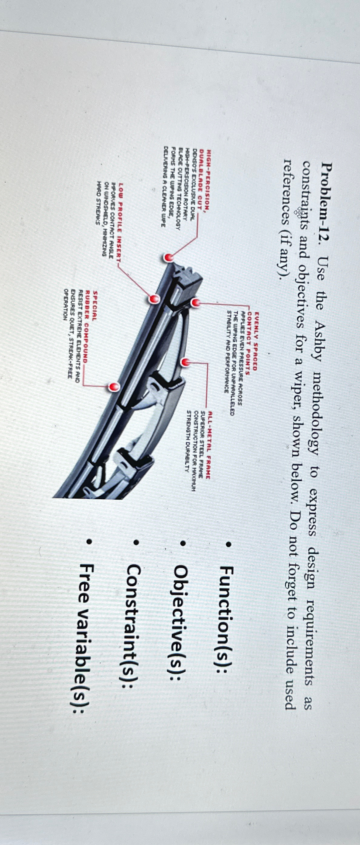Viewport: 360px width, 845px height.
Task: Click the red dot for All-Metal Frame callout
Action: coord(186,362)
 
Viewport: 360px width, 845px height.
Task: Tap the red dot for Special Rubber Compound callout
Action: coord(115,387)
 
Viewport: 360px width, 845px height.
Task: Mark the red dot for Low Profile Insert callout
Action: coord(154,298)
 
